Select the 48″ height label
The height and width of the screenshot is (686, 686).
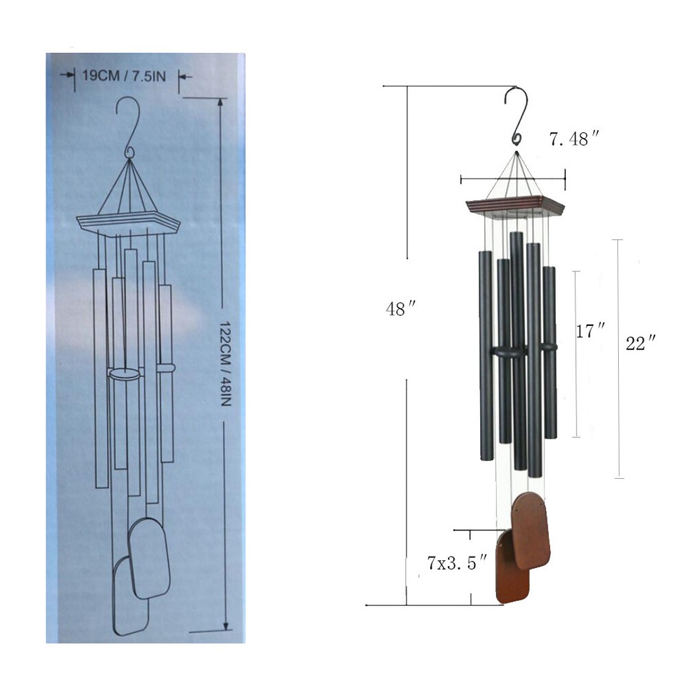coord(401,309)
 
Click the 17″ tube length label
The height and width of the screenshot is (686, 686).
coord(591,331)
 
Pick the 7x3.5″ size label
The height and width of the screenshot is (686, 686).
coord(457,562)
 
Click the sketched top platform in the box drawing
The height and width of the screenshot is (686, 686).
coord(128,224)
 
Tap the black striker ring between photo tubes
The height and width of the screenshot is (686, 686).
coord(509,352)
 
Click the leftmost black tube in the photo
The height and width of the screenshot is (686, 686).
coord(484,354)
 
